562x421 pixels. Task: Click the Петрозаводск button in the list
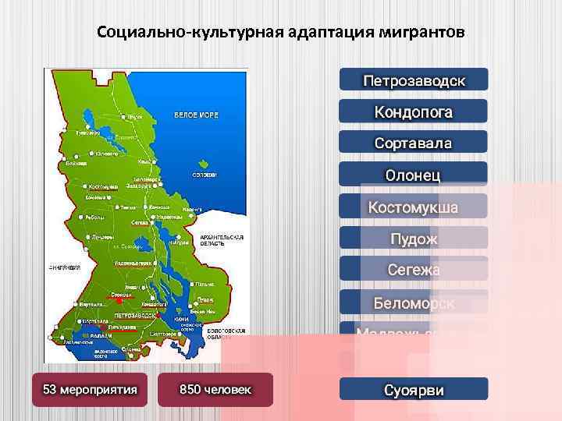tap(414, 80)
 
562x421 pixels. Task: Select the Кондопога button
tap(414, 111)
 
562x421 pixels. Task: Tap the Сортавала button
tap(414, 143)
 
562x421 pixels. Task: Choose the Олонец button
tap(414, 175)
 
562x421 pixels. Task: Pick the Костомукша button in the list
tap(414, 207)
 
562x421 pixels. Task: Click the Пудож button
tap(414, 239)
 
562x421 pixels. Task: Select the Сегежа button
tap(414, 270)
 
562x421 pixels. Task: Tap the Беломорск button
tap(414, 302)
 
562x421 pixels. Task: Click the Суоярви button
tap(414, 389)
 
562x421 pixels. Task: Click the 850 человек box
tap(215, 388)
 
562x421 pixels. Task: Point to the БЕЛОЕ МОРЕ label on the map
tap(196, 115)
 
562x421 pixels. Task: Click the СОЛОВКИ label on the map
tap(205, 175)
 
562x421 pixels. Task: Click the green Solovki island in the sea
tap(205, 165)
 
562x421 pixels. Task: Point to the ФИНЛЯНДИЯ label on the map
tap(66, 267)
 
